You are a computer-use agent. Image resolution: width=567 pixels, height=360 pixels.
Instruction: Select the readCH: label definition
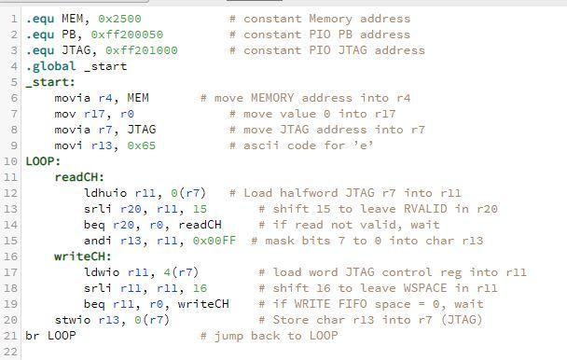pos(79,176)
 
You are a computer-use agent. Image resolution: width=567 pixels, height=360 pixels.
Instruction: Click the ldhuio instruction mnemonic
pos(105,192)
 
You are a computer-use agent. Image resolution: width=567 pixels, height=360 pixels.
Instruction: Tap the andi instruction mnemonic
pos(98,240)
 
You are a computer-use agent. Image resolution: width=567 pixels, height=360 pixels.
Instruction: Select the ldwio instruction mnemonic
pos(102,271)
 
